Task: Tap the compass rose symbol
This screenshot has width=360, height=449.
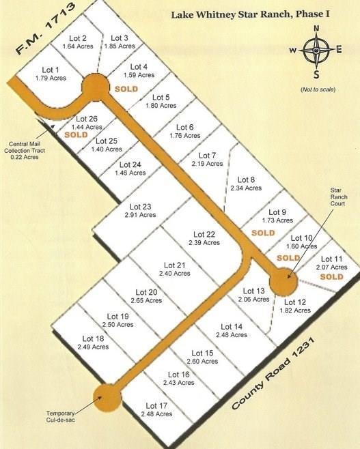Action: (316, 50)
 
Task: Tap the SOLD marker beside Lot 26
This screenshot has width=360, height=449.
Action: (77, 135)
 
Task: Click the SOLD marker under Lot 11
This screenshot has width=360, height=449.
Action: (331, 277)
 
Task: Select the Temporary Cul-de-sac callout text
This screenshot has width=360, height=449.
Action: (66, 417)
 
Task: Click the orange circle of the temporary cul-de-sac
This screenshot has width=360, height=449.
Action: (107, 397)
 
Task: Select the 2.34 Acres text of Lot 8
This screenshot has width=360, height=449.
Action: (246, 188)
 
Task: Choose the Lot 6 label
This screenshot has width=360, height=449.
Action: (184, 127)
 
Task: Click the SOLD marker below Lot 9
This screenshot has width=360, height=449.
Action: (263, 233)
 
